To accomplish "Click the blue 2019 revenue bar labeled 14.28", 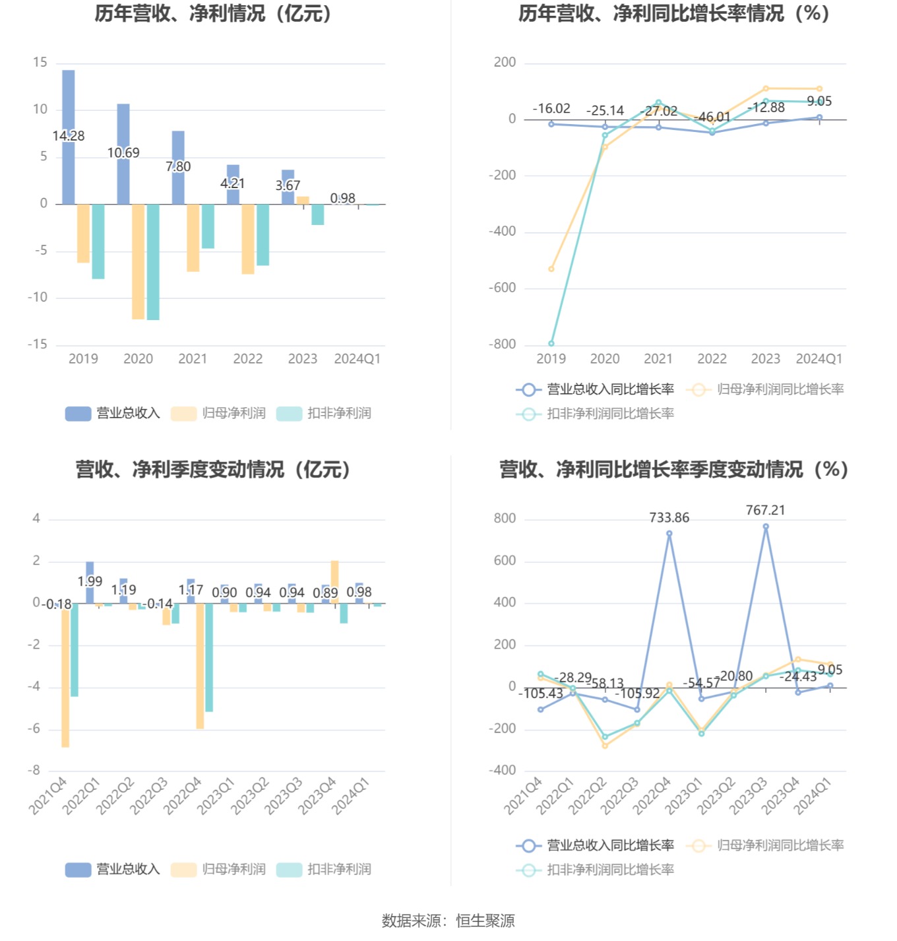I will [69, 106].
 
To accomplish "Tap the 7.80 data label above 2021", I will [178, 167].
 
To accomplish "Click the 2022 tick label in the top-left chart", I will [248, 359].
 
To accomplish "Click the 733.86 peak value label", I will [669, 518].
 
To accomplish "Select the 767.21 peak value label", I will [765, 510].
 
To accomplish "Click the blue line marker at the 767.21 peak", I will [766, 527].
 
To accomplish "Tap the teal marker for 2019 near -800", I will [551, 344].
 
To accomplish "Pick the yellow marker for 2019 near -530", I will [551, 269].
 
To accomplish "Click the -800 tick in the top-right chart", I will [503, 344].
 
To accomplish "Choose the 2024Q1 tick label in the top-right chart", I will [819, 359].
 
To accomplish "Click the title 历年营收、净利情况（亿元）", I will [213, 13].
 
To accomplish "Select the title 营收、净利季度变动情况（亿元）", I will [213, 469].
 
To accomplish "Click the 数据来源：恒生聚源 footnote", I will [448, 921].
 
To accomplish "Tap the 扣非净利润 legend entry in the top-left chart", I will [325, 414].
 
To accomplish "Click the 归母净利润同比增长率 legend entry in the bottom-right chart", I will [766, 845].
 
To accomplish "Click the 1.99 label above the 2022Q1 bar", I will [90, 581].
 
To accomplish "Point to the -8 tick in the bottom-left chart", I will [34, 771].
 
